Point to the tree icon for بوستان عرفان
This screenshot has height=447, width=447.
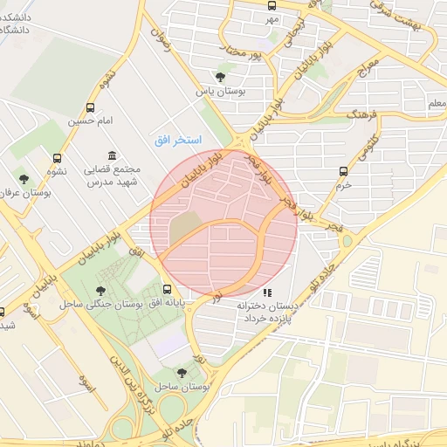[x=24, y=179]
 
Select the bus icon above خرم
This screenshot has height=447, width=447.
[x=343, y=171]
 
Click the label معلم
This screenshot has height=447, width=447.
[x=435, y=104]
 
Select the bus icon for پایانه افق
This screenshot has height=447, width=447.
[x=167, y=290]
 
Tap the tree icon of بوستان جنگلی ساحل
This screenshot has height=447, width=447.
[x=103, y=291]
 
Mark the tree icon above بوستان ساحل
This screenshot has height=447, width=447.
[x=182, y=373]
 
